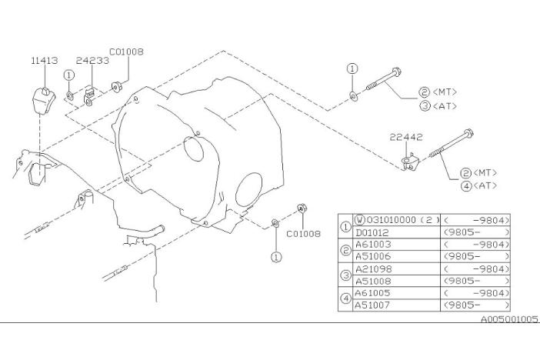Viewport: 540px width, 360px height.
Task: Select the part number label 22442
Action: [405, 138]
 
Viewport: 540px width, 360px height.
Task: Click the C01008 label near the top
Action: [126, 52]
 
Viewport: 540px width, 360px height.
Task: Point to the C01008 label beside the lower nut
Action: [304, 234]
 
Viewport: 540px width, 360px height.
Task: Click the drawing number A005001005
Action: [510, 319]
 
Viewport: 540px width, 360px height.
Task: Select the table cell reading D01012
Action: [372, 232]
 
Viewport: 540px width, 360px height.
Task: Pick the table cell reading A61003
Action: [372, 244]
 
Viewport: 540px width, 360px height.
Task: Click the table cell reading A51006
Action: [372, 255]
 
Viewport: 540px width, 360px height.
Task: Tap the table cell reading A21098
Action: [372, 268]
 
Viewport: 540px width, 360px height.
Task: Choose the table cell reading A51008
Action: [372, 281]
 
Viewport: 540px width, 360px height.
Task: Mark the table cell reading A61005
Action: [372, 293]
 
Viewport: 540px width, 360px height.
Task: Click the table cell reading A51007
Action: [372, 305]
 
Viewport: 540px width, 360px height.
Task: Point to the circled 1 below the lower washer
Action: [275, 257]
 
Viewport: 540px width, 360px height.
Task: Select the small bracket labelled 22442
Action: [409, 162]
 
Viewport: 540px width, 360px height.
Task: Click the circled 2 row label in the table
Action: [345, 250]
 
